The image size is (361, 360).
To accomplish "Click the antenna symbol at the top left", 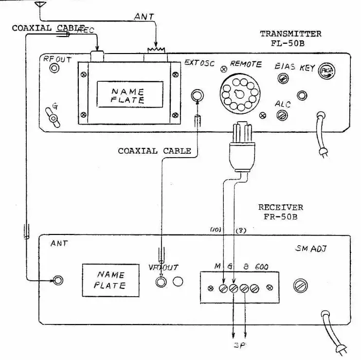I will [40, 6].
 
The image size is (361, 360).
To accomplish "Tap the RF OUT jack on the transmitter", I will [54, 69].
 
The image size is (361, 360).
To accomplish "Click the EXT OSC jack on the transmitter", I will [197, 95].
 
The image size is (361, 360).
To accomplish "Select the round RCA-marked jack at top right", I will [325, 72].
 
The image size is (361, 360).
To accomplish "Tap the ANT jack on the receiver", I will [58, 280].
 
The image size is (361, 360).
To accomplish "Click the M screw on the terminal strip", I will [223, 288].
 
